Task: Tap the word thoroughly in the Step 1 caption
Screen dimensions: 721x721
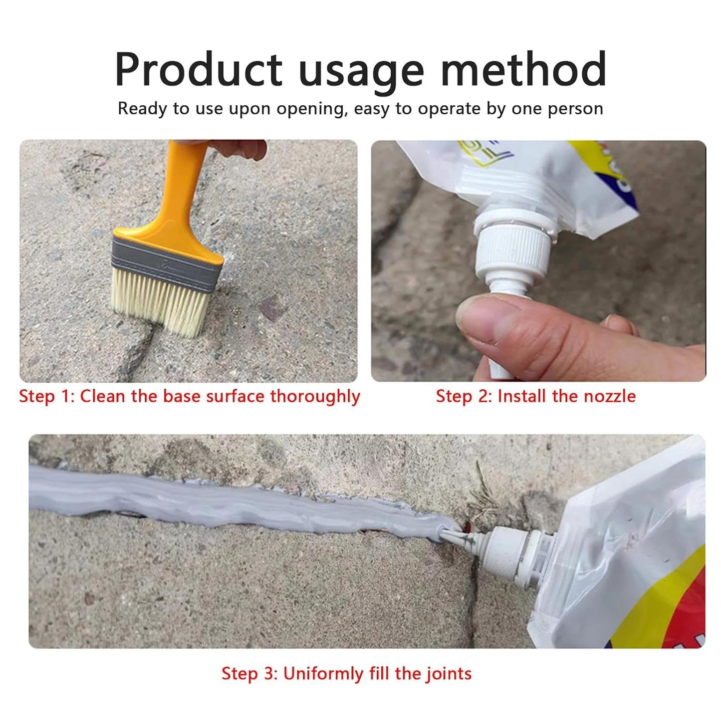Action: pos(315,396)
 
